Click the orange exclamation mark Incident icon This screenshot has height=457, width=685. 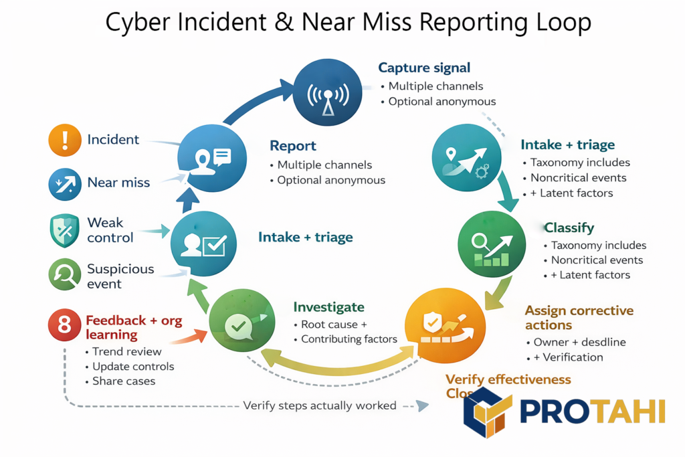[65, 140]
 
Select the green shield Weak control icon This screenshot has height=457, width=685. [65, 230]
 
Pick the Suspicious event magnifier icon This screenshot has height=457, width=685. [65, 274]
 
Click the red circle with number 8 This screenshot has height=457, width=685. [65, 325]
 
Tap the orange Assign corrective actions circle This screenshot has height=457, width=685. [446, 325]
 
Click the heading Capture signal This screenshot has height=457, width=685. [424, 68]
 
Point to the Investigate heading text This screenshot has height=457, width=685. [328, 307]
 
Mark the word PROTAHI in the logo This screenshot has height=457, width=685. [593, 409]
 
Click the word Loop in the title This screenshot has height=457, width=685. [561, 22]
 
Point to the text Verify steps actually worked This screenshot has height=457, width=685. [319, 405]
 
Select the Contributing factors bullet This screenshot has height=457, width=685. [349, 339]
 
